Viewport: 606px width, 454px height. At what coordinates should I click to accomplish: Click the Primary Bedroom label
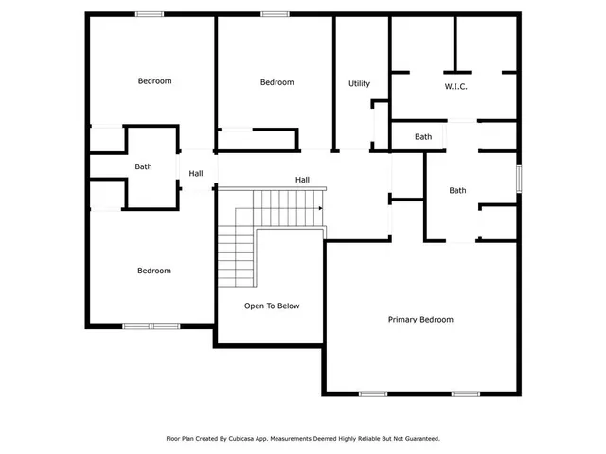click(x=420, y=320)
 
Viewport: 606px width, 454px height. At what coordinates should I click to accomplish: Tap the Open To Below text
click(x=272, y=306)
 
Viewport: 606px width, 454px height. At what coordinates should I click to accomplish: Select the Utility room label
click(x=359, y=84)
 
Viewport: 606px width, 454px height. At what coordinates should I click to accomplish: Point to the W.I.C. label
click(x=456, y=87)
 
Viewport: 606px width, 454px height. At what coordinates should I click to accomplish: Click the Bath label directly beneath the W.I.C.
click(x=423, y=137)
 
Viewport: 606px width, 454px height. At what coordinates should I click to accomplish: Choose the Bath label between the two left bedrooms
click(x=143, y=167)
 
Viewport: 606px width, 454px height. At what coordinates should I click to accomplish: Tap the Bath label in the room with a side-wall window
click(x=457, y=191)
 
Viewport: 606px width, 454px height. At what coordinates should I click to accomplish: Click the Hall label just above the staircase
click(x=302, y=180)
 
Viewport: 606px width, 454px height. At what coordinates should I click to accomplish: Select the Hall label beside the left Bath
click(x=196, y=174)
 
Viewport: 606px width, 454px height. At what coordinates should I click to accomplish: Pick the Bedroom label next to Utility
click(x=276, y=83)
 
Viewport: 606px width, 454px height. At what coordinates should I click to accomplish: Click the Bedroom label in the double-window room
click(x=153, y=271)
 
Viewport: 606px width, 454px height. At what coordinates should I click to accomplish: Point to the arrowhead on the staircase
click(x=321, y=209)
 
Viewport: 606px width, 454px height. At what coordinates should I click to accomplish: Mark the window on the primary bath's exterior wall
click(x=519, y=177)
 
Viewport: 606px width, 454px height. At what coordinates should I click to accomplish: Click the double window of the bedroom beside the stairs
click(x=151, y=327)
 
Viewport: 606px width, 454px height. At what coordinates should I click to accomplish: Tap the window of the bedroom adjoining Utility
click(x=275, y=13)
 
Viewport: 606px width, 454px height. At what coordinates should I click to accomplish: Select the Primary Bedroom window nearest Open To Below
click(x=372, y=393)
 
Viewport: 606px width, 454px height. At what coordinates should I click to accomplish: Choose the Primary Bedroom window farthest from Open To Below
click(x=465, y=393)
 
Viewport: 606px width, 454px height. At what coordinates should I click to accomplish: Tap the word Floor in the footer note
click(x=174, y=439)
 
